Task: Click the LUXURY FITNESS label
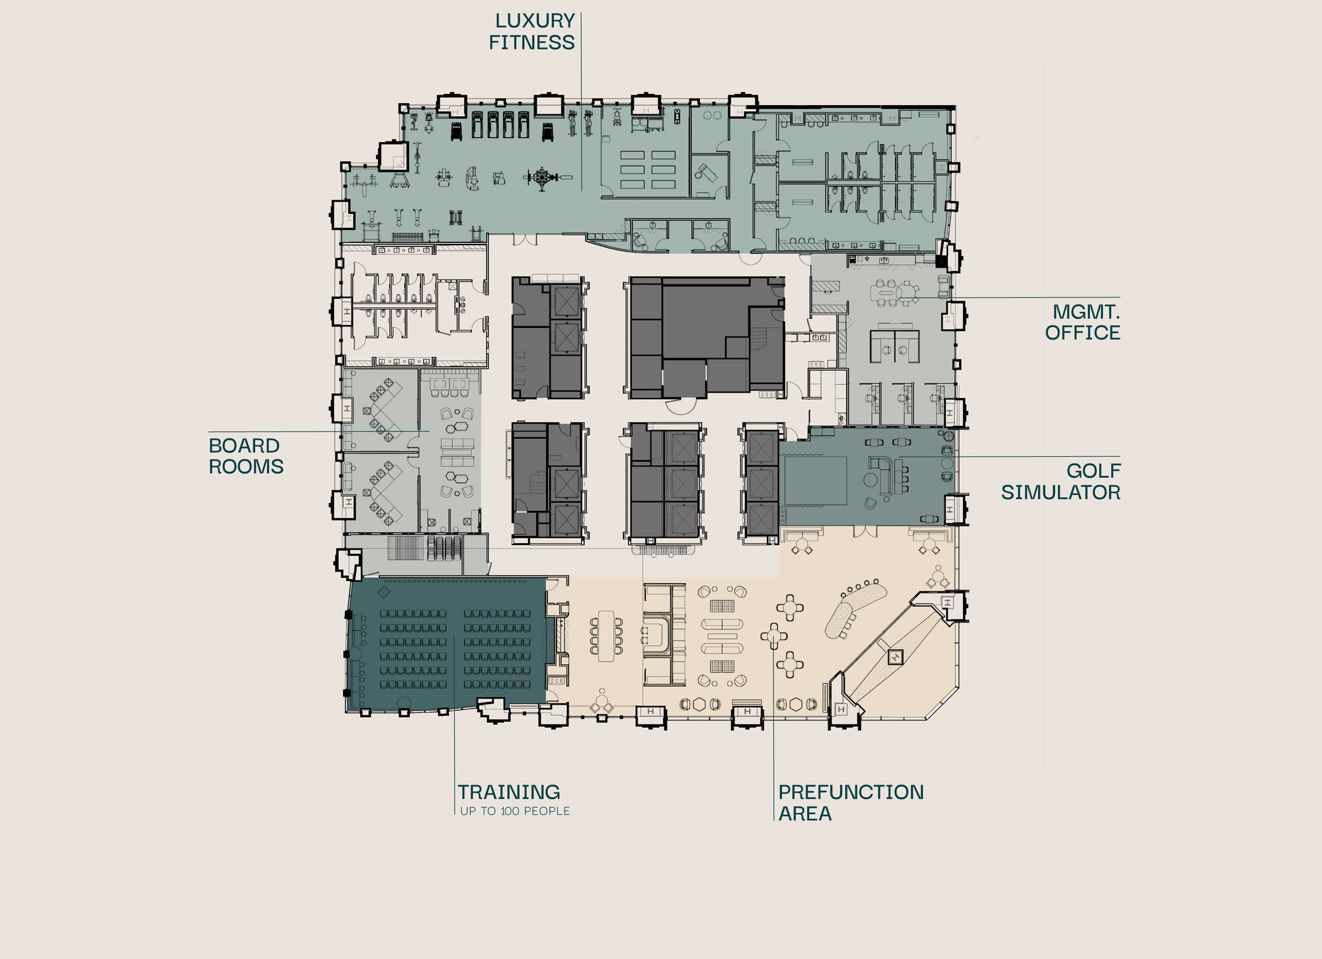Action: point(531,32)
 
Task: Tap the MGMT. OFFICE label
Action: point(1083,322)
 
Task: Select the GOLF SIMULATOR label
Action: point(1061,481)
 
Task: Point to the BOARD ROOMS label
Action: point(246,456)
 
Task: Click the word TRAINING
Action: point(509,792)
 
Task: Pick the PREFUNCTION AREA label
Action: point(851,802)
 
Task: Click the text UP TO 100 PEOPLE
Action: point(515,811)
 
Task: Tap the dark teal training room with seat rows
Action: point(447,644)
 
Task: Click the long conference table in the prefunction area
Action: point(606,635)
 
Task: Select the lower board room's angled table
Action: point(383,491)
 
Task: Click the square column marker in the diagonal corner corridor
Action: point(896,657)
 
